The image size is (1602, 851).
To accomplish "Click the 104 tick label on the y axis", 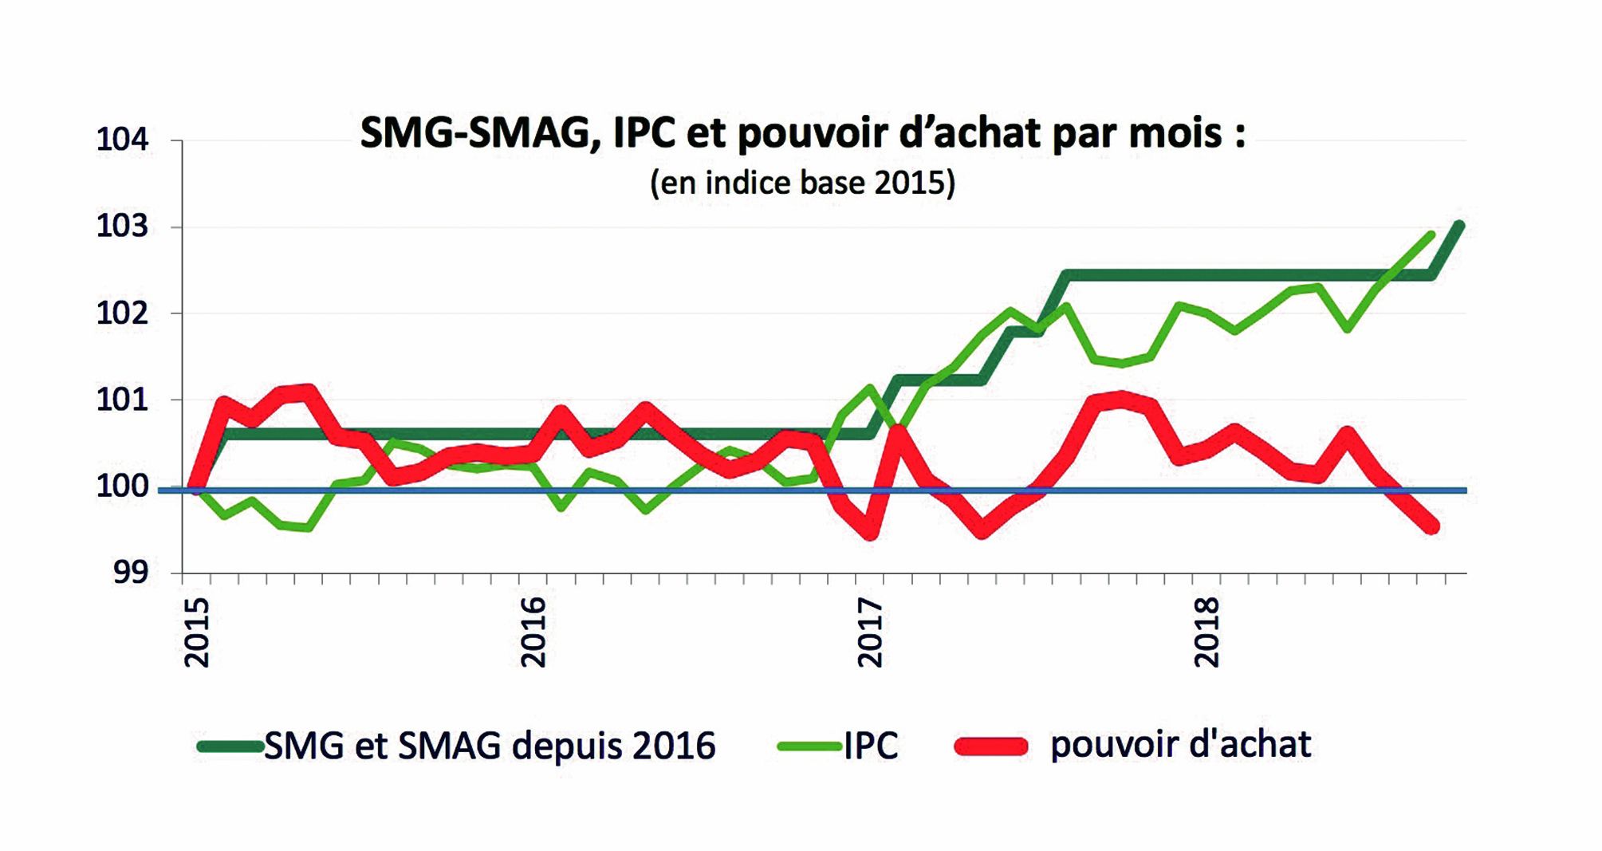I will (122, 140).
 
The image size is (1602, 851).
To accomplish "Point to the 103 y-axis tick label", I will (122, 227).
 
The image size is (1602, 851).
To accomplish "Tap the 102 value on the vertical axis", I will (122, 313).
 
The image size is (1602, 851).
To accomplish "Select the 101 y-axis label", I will (122, 399).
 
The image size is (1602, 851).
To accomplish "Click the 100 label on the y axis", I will (122, 486).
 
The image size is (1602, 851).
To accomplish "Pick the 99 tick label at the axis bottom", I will (130, 572).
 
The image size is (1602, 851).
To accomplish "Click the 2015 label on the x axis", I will (196, 632).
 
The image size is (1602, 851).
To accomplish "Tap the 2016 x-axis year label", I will (533, 632).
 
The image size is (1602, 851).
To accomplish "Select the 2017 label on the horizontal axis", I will (870, 632).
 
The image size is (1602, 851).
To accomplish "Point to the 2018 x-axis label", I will (1207, 632).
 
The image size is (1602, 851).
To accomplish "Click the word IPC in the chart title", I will (644, 132).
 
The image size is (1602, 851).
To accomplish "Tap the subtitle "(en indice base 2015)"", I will (802, 183).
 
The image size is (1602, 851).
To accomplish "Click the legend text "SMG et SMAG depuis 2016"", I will (490, 746).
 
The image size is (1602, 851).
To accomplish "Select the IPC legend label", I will (871, 746).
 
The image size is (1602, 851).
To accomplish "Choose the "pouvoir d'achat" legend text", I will (1180, 744).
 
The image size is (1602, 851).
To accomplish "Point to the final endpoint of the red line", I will (1431, 526).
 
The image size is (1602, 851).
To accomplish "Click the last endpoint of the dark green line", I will (1459, 226).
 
